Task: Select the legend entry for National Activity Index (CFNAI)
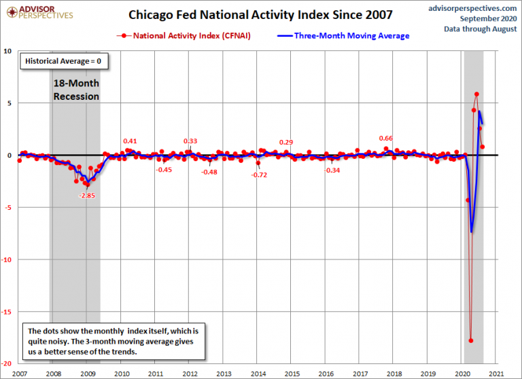(185, 35)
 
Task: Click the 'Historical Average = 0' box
(63, 61)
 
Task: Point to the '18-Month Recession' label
(76, 90)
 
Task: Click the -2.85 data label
(86, 196)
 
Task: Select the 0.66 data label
(386, 139)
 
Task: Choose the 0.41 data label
(130, 141)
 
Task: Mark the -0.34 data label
(332, 170)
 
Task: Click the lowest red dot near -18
(471, 340)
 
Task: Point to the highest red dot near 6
(476, 94)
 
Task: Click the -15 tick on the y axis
(8, 312)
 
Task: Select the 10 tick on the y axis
(8, 51)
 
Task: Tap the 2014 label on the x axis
(258, 374)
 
